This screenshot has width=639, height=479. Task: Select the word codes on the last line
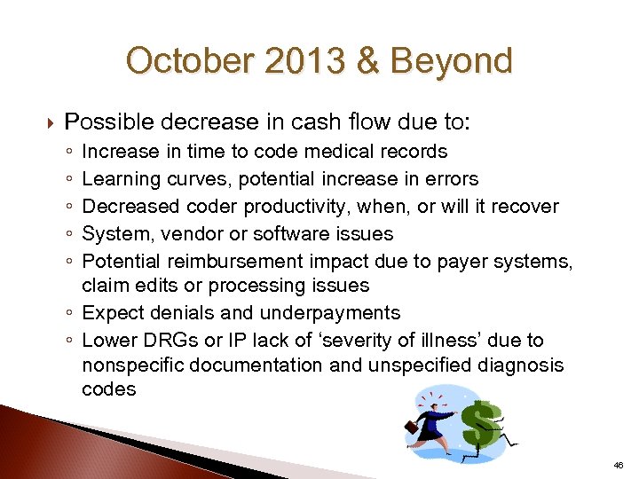point(108,390)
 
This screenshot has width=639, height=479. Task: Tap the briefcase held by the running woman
point(411,425)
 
